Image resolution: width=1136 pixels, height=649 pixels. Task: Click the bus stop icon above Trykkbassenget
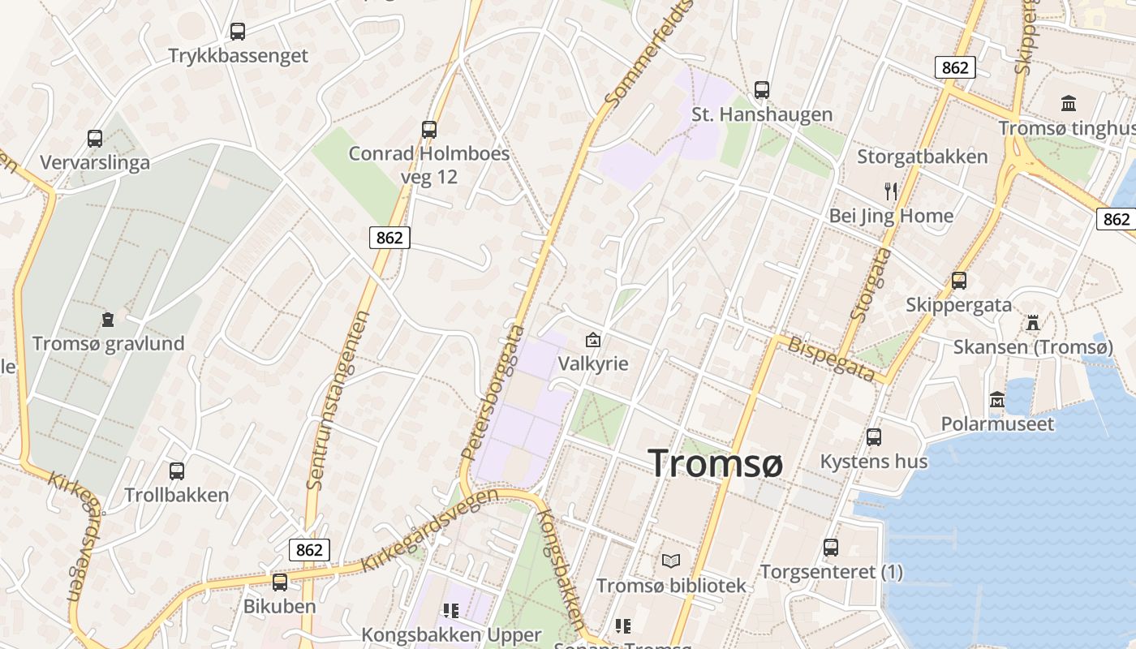[x=237, y=32]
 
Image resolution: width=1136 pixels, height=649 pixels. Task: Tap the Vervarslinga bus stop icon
[x=95, y=139]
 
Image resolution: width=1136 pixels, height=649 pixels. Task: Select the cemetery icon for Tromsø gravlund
[x=108, y=319]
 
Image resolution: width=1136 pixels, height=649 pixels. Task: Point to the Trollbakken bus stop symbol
[x=176, y=471]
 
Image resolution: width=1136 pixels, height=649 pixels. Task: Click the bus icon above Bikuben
[x=280, y=582]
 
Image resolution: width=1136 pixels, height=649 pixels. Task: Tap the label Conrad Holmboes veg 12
[x=429, y=165]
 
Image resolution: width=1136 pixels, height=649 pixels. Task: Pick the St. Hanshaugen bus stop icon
[x=761, y=90]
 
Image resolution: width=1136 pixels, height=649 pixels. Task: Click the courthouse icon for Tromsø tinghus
[x=1069, y=104]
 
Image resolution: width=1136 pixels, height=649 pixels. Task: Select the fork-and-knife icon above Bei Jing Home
[x=891, y=191]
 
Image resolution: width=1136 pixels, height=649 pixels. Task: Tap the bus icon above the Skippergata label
[x=959, y=281]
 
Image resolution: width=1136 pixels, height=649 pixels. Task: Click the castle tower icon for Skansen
[x=1032, y=323]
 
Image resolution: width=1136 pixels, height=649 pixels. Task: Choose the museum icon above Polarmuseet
[x=997, y=400]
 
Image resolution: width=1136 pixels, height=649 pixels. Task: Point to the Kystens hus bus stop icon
[x=874, y=437]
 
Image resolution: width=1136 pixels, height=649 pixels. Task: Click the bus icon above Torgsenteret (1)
[x=831, y=548]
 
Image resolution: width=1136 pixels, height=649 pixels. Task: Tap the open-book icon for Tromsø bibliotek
[x=671, y=561]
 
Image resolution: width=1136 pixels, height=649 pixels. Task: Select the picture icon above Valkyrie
[x=593, y=339]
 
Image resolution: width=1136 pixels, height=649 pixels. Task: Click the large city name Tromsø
[x=716, y=463]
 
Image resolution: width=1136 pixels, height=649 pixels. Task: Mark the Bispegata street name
[x=833, y=359]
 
